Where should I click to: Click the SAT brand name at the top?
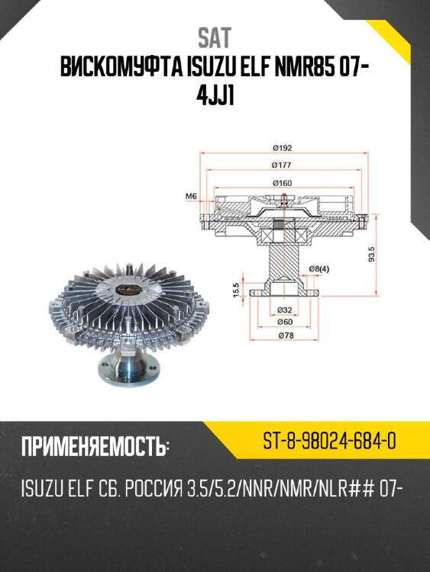[215, 37]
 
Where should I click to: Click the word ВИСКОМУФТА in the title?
[119, 68]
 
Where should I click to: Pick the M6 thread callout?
[192, 197]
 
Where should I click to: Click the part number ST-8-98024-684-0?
[328, 442]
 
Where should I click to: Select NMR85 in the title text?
[294, 68]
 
